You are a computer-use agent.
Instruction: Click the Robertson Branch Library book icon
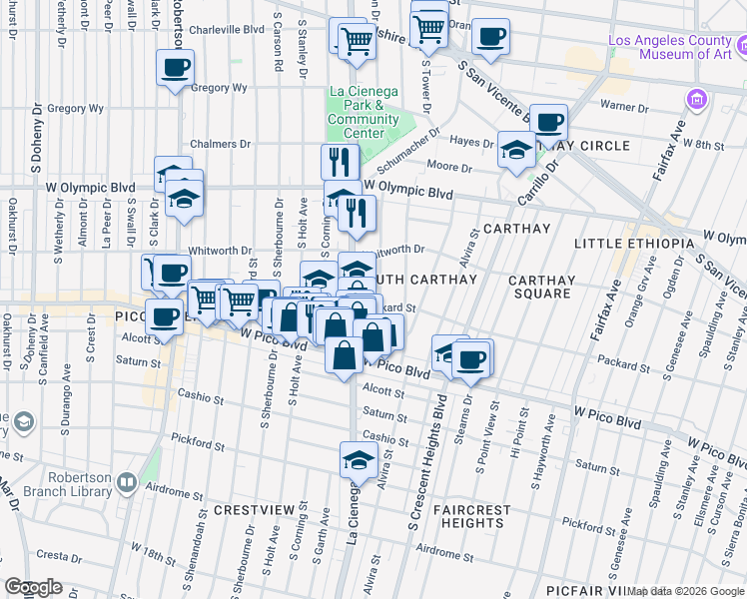126,484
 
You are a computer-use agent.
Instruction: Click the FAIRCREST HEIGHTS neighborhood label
472,516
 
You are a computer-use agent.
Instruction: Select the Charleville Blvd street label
226,30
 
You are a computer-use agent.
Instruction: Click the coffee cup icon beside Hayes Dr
547,123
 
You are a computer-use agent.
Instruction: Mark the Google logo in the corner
34,587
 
